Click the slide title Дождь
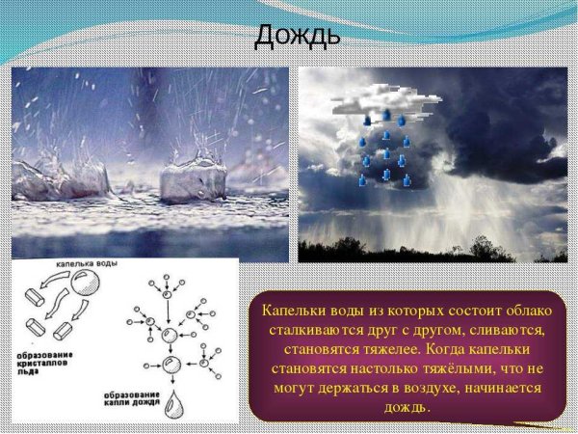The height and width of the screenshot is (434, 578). click(x=297, y=36)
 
